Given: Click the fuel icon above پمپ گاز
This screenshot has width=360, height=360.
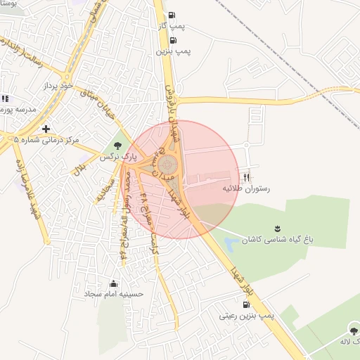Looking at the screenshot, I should coord(172,15).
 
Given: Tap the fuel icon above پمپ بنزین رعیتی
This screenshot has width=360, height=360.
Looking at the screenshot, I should coord(245,305).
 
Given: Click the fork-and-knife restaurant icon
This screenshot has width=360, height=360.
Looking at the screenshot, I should coord(246,177).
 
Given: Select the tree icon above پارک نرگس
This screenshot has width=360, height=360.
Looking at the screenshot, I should coord(117,146).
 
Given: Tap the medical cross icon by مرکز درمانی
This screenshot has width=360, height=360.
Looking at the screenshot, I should coord(46,129).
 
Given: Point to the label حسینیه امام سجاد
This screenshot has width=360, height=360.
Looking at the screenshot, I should coord(114,294).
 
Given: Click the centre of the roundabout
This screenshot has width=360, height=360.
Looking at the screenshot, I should coord(167,165).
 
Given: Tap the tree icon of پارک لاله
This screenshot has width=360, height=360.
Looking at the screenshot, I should coord(352,330).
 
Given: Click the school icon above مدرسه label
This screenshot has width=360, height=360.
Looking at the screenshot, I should coord(5,99).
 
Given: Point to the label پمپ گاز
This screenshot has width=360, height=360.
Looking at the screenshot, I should coord(172,26).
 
